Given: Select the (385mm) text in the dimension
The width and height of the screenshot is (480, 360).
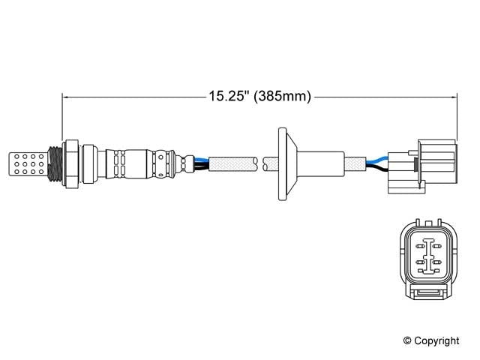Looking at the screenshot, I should pyautogui.click(x=281, y=96).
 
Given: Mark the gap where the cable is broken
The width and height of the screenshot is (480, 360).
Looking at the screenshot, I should pyautogui.click(x=258, y=160).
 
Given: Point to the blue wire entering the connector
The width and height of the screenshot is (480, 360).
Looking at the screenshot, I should pyautogui.click(x=379, y=158).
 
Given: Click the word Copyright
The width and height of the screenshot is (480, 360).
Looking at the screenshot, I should pyautogui.click(x=436, y=340).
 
